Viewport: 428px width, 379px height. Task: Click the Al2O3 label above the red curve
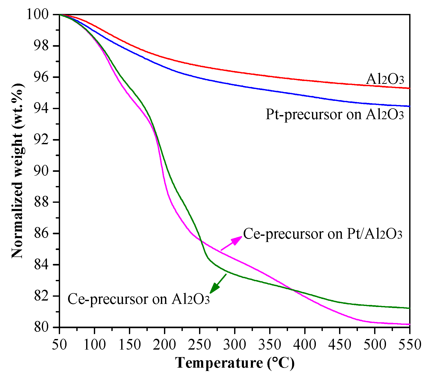385,79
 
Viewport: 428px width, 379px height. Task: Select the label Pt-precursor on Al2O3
334,114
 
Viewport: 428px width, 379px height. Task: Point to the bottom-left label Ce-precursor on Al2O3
138,299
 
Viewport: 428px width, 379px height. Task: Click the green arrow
218,284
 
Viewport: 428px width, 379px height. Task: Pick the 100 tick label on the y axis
41,15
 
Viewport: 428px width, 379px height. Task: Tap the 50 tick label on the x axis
60,344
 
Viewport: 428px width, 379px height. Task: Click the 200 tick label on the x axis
164,344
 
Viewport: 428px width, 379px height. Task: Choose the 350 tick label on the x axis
270,344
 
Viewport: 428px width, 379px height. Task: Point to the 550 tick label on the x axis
409,344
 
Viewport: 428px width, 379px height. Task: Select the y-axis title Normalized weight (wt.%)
18,171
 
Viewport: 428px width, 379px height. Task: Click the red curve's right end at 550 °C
409,88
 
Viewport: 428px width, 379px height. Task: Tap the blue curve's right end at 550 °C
409,106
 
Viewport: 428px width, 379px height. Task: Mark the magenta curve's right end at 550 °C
409,324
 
